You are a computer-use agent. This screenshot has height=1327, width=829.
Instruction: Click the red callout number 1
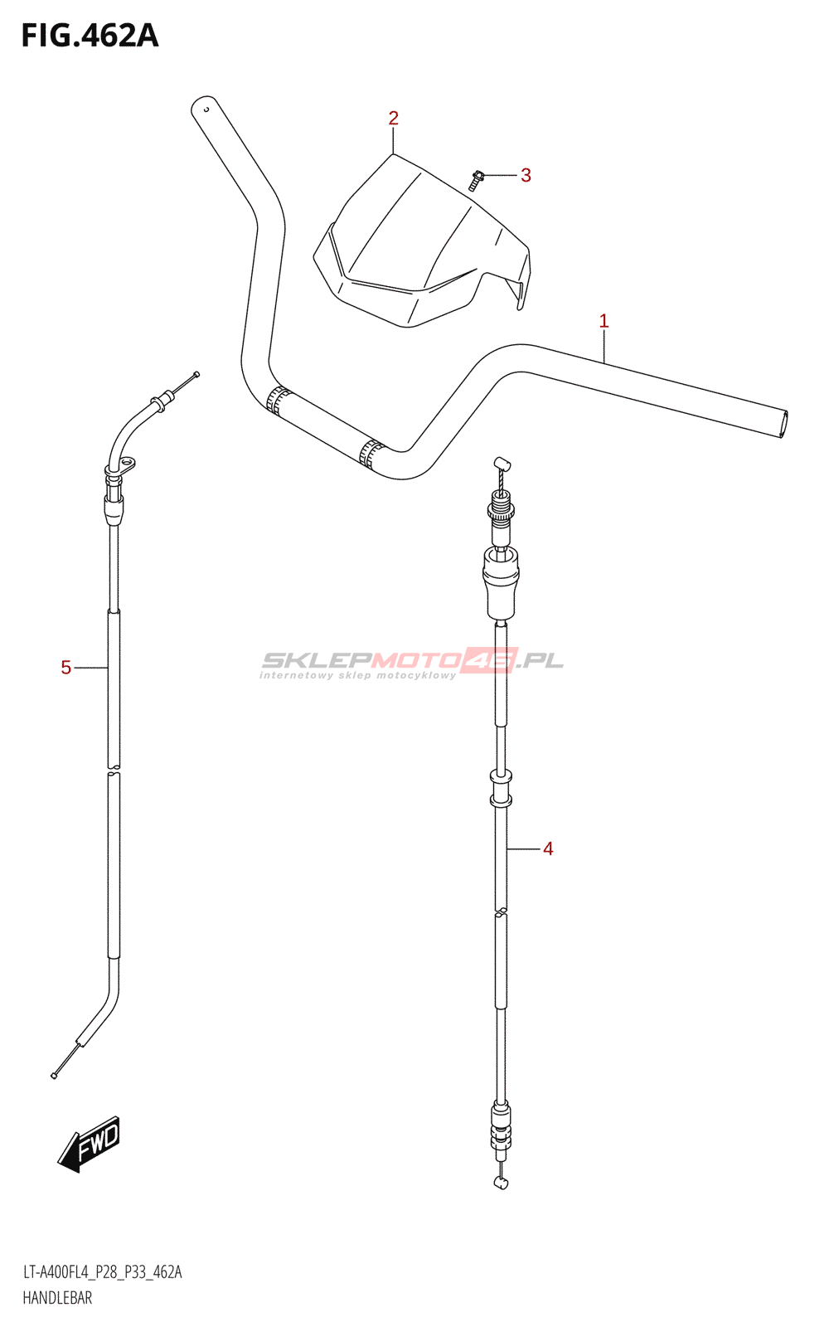(x=604, y=321)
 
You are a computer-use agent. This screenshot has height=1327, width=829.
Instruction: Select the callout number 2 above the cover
(x=393, y=119)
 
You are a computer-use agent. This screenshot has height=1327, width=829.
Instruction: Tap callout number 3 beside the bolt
(x=526, y=175)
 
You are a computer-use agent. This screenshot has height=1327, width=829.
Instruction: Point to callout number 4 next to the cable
(x=548, y=849)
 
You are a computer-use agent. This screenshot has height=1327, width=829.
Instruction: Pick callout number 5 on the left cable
(x=65, y=668)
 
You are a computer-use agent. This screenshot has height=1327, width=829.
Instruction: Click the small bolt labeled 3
(x=476, y=180)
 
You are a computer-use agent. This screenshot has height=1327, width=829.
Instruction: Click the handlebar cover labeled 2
(x=422, y=243)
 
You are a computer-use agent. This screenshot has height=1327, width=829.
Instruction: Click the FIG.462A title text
(x=90, y=36)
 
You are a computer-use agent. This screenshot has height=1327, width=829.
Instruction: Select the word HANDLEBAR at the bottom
(x=57, y=1299)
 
